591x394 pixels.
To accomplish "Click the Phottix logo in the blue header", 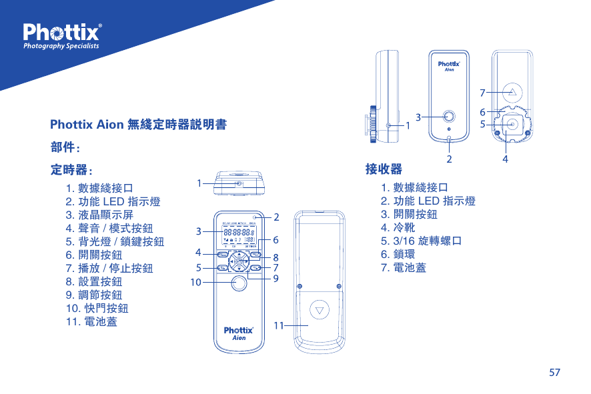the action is click(62, 37).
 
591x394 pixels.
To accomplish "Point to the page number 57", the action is click(554, 372).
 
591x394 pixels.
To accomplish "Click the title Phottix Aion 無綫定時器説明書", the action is click(137, 125).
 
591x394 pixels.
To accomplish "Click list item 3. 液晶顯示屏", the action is click(99, 215).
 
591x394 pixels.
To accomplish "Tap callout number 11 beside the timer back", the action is click(278, 325).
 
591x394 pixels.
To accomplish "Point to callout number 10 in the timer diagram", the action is click(195, 282).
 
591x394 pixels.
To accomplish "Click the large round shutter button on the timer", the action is click(239, 284).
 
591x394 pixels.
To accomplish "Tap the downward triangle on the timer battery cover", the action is click(322, 311).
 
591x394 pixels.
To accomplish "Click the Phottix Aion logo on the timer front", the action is click(238, 333).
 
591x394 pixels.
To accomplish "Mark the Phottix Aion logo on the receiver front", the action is click(450, 67).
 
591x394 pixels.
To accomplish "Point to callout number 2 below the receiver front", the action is click(449, 159).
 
